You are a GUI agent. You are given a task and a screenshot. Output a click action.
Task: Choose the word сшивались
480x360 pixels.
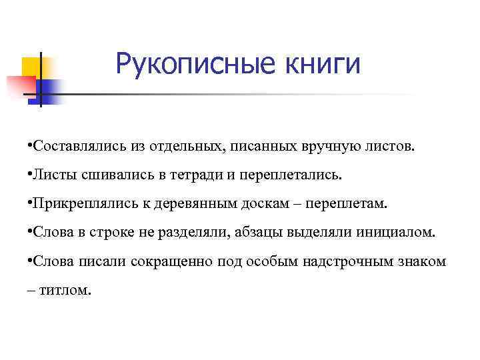pyautogui.click(x=114, y=174)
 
